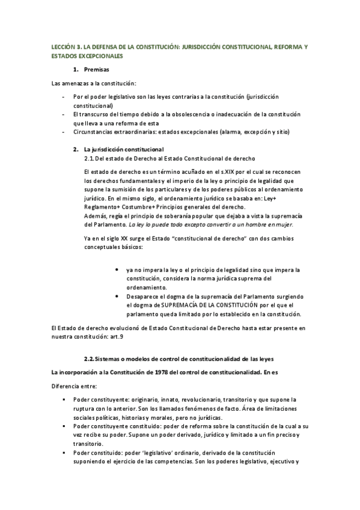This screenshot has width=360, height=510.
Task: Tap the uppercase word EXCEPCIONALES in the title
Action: click(98, 56)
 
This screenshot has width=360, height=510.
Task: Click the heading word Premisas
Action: click(97, 69)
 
